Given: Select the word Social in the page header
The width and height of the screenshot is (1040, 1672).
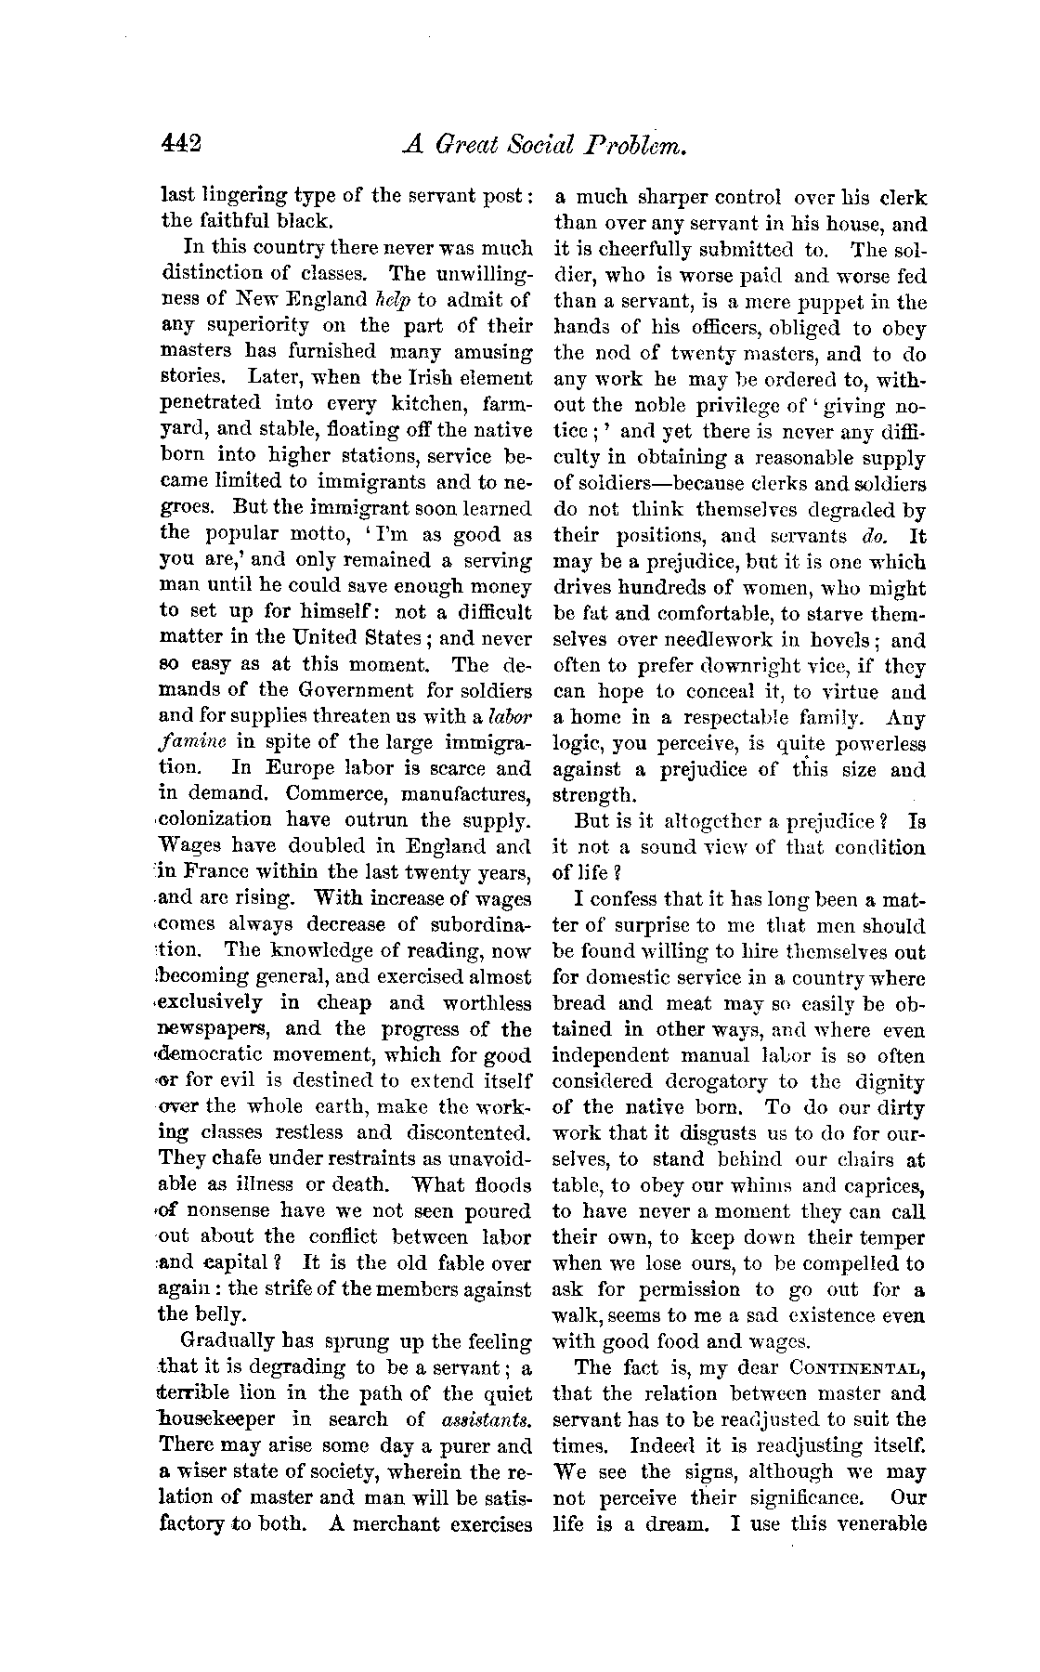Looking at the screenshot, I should point(545,146).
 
